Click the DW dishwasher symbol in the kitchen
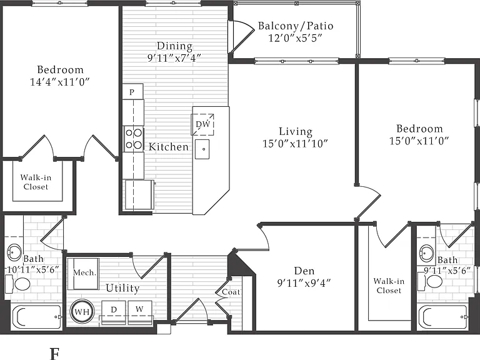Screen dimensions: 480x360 click(x=202, y=124)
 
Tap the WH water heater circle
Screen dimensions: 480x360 click(x=82, y=312)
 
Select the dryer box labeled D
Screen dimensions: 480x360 click(x=114, y=312)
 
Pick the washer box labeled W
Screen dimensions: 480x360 click(x=140, y=312)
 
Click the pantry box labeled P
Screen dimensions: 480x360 click(x=133, y=91)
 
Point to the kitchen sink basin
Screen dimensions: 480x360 click(x=202, y=149)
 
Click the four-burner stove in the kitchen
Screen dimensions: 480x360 click(x=134, y=139)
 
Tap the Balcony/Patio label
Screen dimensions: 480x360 click(x=296, y=26)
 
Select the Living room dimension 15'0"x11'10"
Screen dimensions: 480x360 click(x=295, y=143)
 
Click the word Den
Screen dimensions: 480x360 click(x=304, y=271)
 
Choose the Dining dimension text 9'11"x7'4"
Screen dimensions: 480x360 click(x=174, y=57)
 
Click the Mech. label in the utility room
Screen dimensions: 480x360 click(x=85, y=272)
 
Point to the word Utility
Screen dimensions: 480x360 click(x=122, y=288)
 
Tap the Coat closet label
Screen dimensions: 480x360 click(x=231, y=292)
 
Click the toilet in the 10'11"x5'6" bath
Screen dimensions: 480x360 click(x=18, y=284)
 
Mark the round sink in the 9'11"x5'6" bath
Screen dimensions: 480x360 click(x=426, y=254)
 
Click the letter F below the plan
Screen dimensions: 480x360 click(x=54, y=354)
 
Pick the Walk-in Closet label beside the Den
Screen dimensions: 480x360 click(x=389, y=286)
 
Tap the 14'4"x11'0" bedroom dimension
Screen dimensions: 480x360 click(x=60, y=82)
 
